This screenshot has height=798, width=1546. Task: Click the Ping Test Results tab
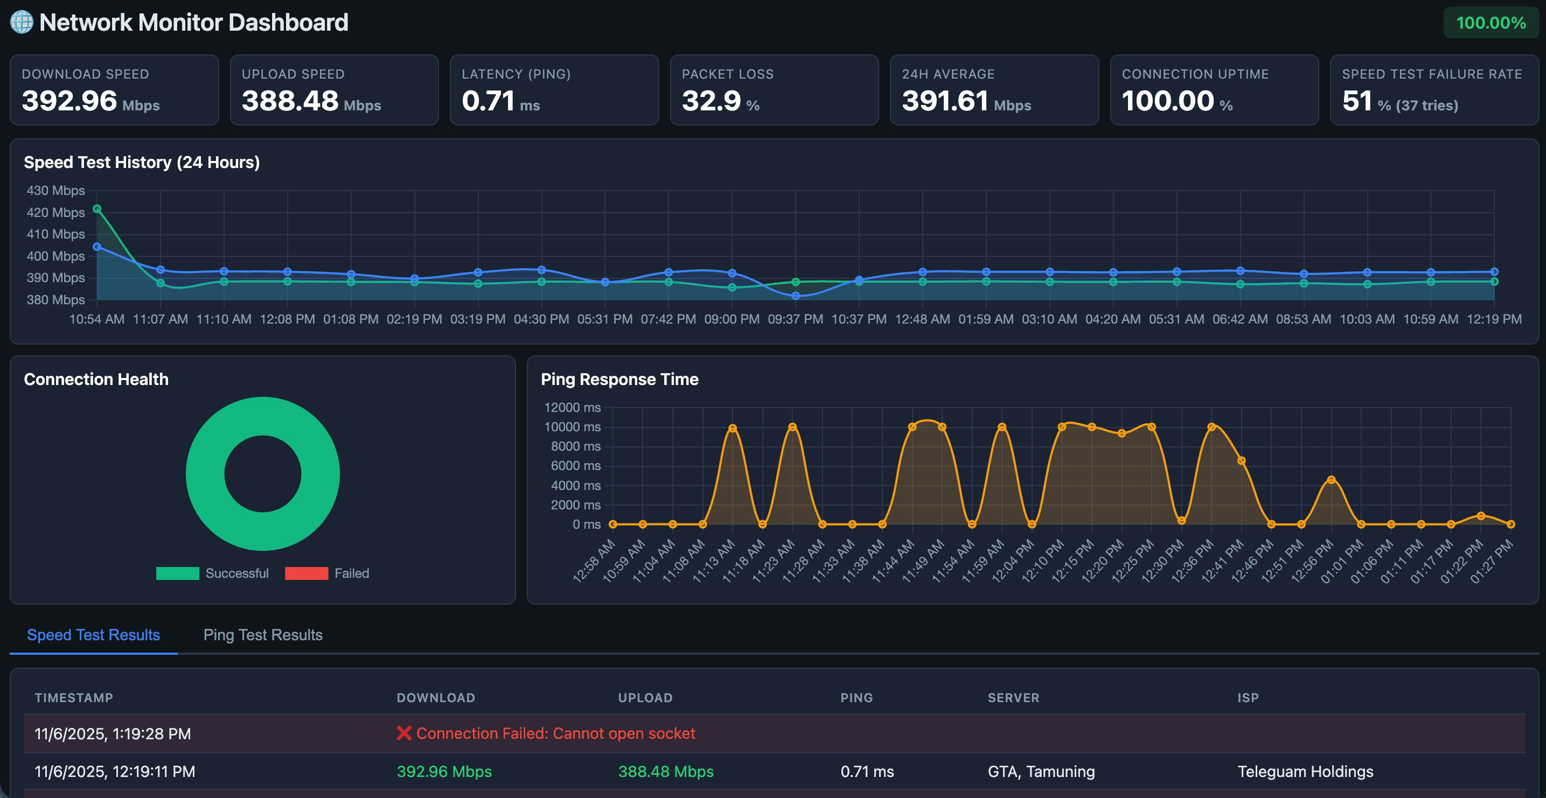point(263,635)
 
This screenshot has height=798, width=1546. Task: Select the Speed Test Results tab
point(94,635)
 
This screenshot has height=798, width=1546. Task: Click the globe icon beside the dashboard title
point(22,22)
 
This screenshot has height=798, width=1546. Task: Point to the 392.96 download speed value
point(69,101)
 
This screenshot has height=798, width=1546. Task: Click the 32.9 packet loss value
point(711,101)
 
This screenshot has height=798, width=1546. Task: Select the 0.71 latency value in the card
point(488,101)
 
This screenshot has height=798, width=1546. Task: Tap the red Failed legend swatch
point(306,573)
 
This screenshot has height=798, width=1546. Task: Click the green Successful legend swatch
point(177,573)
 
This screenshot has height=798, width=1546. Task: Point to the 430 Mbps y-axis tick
point(56,191)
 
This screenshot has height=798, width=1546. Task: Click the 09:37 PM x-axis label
point(795,319)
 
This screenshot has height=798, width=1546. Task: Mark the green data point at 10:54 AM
point(97,209)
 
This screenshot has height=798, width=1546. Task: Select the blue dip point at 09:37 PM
point(795,296)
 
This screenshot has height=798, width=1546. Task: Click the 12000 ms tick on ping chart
point(572,408)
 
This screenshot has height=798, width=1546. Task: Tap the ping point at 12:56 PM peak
point(1331,480)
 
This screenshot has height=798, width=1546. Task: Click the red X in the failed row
point(404,733)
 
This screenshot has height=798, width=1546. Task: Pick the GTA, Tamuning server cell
point(1041,772)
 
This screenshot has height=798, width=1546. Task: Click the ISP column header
point(1248,698)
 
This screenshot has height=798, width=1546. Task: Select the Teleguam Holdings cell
point(1305,772)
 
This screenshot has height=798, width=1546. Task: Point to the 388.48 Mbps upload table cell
point(666,772)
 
